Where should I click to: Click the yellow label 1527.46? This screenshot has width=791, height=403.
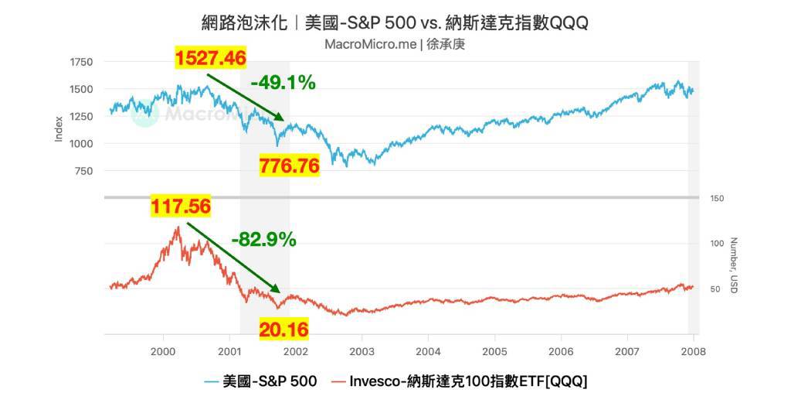click(x=211, y=58)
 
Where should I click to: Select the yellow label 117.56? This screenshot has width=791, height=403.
click(x=181, y=207)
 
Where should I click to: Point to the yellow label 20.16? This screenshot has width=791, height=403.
click(x=283, y=330)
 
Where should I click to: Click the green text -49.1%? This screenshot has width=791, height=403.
click(x=283, y=83)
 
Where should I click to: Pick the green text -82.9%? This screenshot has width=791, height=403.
click(x=263, y=240)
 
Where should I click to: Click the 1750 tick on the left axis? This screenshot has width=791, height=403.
click(x=80, y=62)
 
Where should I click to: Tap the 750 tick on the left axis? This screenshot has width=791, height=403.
click(x=83, y=171)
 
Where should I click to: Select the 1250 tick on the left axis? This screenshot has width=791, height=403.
click(x=80, y=116)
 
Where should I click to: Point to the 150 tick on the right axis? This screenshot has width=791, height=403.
click(x=717, y=199)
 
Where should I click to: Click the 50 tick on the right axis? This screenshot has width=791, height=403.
click(x=715, y=289)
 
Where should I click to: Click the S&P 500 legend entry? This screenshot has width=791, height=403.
click(x=261, y=381)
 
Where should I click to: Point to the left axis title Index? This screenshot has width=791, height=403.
click(x=59, y=129)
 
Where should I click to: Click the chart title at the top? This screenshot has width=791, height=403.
click(x=395, y=22)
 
